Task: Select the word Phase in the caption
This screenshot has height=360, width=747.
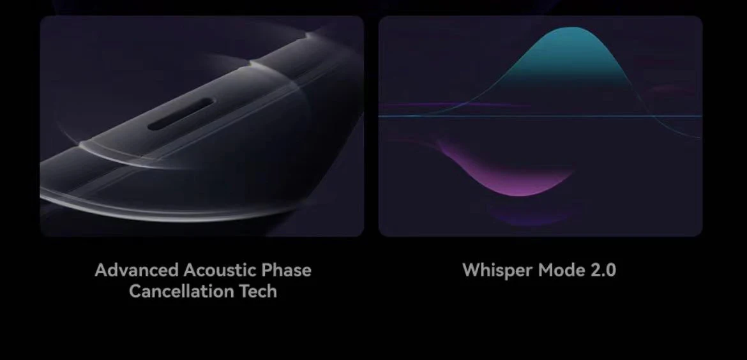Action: (x=286, y=270)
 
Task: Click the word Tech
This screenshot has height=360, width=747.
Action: (x=258, y=291)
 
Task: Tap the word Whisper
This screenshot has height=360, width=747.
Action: (x=497, y=271)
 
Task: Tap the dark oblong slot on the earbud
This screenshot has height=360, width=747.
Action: (x=181, y=114)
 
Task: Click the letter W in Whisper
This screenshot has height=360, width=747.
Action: (x=471, y=270)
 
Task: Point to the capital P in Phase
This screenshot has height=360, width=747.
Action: (x=267, y=270)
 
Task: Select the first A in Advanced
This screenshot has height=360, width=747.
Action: (x=102, y=270)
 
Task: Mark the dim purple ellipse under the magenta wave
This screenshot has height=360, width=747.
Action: (x=536, y=213)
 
